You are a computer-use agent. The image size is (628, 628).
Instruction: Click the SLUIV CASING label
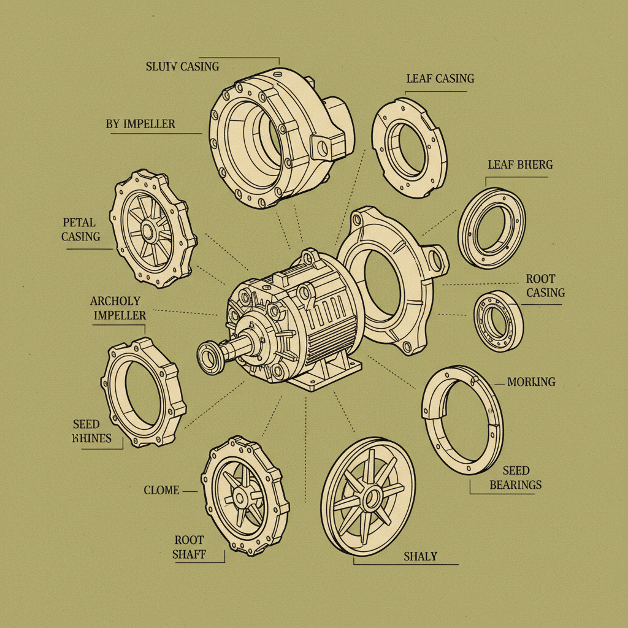click(x=182, y=66)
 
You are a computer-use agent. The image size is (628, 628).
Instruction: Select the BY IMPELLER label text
click(x=140, y=124)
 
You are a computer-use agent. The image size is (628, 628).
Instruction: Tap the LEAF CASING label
click(x=440, y=78)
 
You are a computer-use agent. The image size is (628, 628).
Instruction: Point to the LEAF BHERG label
click(x=520, y=164)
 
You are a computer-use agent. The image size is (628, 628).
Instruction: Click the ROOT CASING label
click(x=545, y=286)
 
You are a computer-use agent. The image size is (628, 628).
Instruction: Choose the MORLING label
click(x=531, y=381)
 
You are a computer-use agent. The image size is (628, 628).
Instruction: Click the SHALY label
click(x=420, y=556)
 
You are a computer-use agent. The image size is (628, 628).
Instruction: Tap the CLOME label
click(x=161, y=490)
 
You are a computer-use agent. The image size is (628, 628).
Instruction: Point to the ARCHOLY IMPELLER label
click(x=118, y=308)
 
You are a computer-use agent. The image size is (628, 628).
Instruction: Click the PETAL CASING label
click(x=80, y=229)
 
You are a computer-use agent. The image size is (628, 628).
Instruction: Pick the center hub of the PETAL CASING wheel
click(x=148, y=231)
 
